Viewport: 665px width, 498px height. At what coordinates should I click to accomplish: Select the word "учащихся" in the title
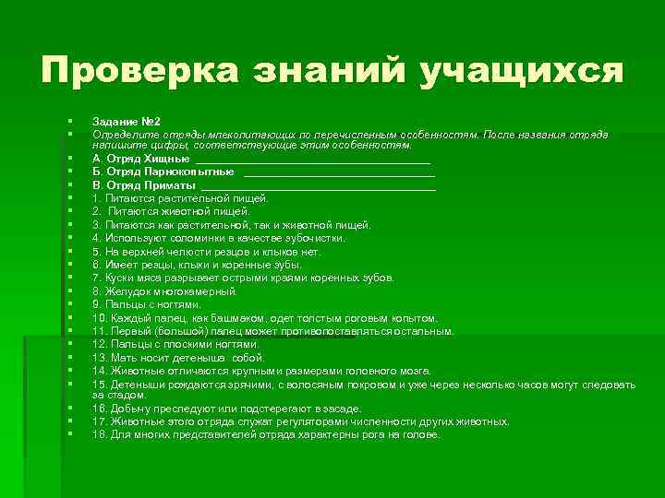point(521,71)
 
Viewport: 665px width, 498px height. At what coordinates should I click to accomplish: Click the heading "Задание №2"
point(127,122)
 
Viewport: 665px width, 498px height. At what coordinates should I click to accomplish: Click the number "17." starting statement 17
point(100,421)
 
